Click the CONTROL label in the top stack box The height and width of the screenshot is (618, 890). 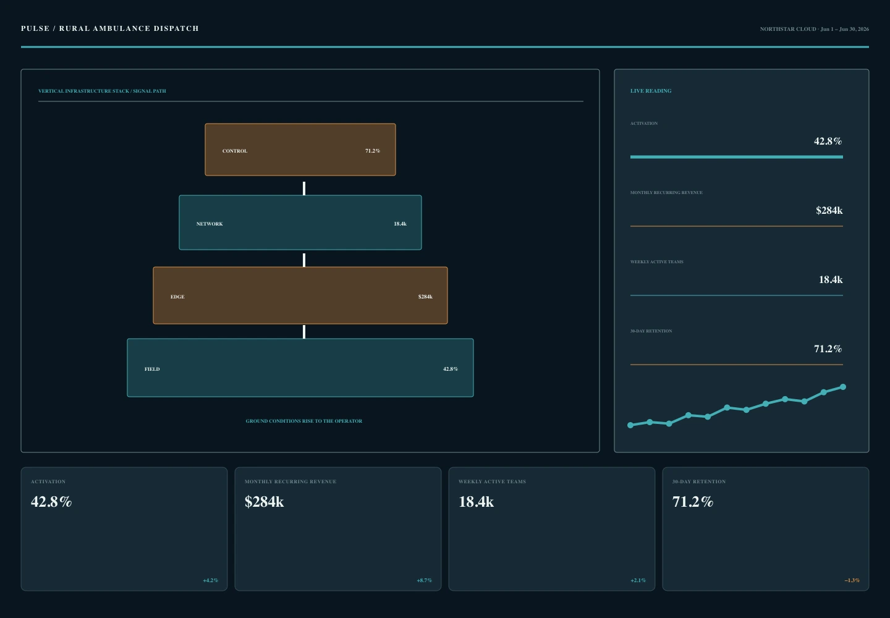[234, 151]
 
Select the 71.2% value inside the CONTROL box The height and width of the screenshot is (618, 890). [373, 151]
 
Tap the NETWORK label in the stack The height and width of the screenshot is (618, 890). [210, 224]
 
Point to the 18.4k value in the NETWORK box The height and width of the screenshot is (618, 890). [400, 224]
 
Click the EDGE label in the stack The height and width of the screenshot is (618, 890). [177, 297]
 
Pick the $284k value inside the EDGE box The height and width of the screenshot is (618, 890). [425, 297]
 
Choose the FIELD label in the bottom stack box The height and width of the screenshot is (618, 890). [152, 369]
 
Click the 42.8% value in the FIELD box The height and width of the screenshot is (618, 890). [451, 369]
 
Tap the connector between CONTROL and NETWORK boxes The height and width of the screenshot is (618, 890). [304, 188]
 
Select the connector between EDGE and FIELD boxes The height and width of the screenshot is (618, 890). [304, 332]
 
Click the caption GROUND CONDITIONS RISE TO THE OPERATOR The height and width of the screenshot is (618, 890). [304, 421]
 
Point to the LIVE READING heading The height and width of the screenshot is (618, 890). [651, 91]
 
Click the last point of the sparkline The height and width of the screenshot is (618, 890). [843, 387]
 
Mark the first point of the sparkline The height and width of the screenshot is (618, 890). [630, 425]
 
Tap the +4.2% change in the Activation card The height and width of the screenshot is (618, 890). [211, 580]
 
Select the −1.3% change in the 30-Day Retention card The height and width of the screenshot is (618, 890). [852, 580]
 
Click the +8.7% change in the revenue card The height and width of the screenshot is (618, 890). [425, 580]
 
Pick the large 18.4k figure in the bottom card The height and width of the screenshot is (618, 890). [476, 502]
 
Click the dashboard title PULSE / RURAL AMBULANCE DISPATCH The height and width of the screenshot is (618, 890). [109, 28]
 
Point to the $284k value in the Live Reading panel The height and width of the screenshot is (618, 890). [829, 211]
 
